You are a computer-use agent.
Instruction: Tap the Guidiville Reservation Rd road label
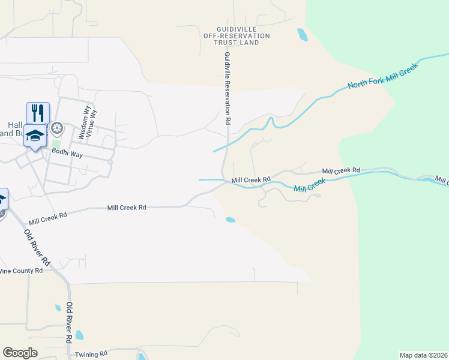coord(228,88)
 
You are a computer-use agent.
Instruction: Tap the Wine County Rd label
coord(21,271)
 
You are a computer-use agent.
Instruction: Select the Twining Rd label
coord(91,354)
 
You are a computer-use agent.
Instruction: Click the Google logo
coord(20,353)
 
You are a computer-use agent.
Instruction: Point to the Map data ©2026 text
coord(423,355)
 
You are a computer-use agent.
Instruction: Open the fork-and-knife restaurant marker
coord(37,112)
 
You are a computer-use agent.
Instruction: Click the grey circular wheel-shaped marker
coord(57,128)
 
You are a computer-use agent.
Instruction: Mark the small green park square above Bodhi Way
coord(56,143)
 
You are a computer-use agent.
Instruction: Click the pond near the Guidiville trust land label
coord(302,35)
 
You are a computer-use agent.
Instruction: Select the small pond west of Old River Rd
coord(58,308)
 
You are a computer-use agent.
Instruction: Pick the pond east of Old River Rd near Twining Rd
coord(79,335)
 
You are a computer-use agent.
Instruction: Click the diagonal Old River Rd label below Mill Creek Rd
coord(37,246)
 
